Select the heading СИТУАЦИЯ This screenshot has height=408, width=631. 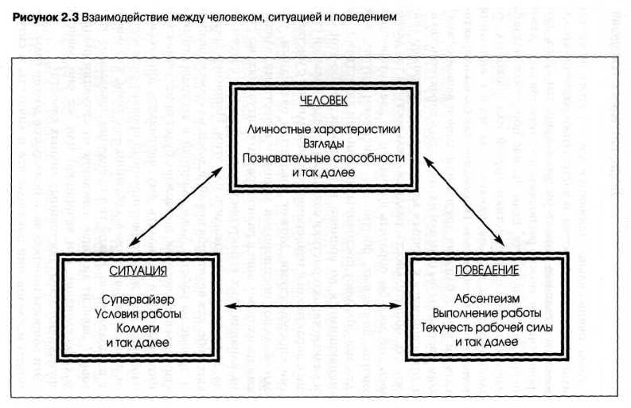click(138, 270)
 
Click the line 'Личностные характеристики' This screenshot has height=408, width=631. click(323, 128)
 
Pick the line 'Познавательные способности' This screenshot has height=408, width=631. click(324, 157)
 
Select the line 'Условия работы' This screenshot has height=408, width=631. click(138, 313)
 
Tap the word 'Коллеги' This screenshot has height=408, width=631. click(138, 327)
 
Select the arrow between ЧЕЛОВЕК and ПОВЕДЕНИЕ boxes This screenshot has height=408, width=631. click(463, 199)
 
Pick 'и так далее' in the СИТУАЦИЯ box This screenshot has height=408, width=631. click(138, 341)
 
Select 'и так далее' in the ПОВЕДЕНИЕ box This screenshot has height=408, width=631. click(487, 340)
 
